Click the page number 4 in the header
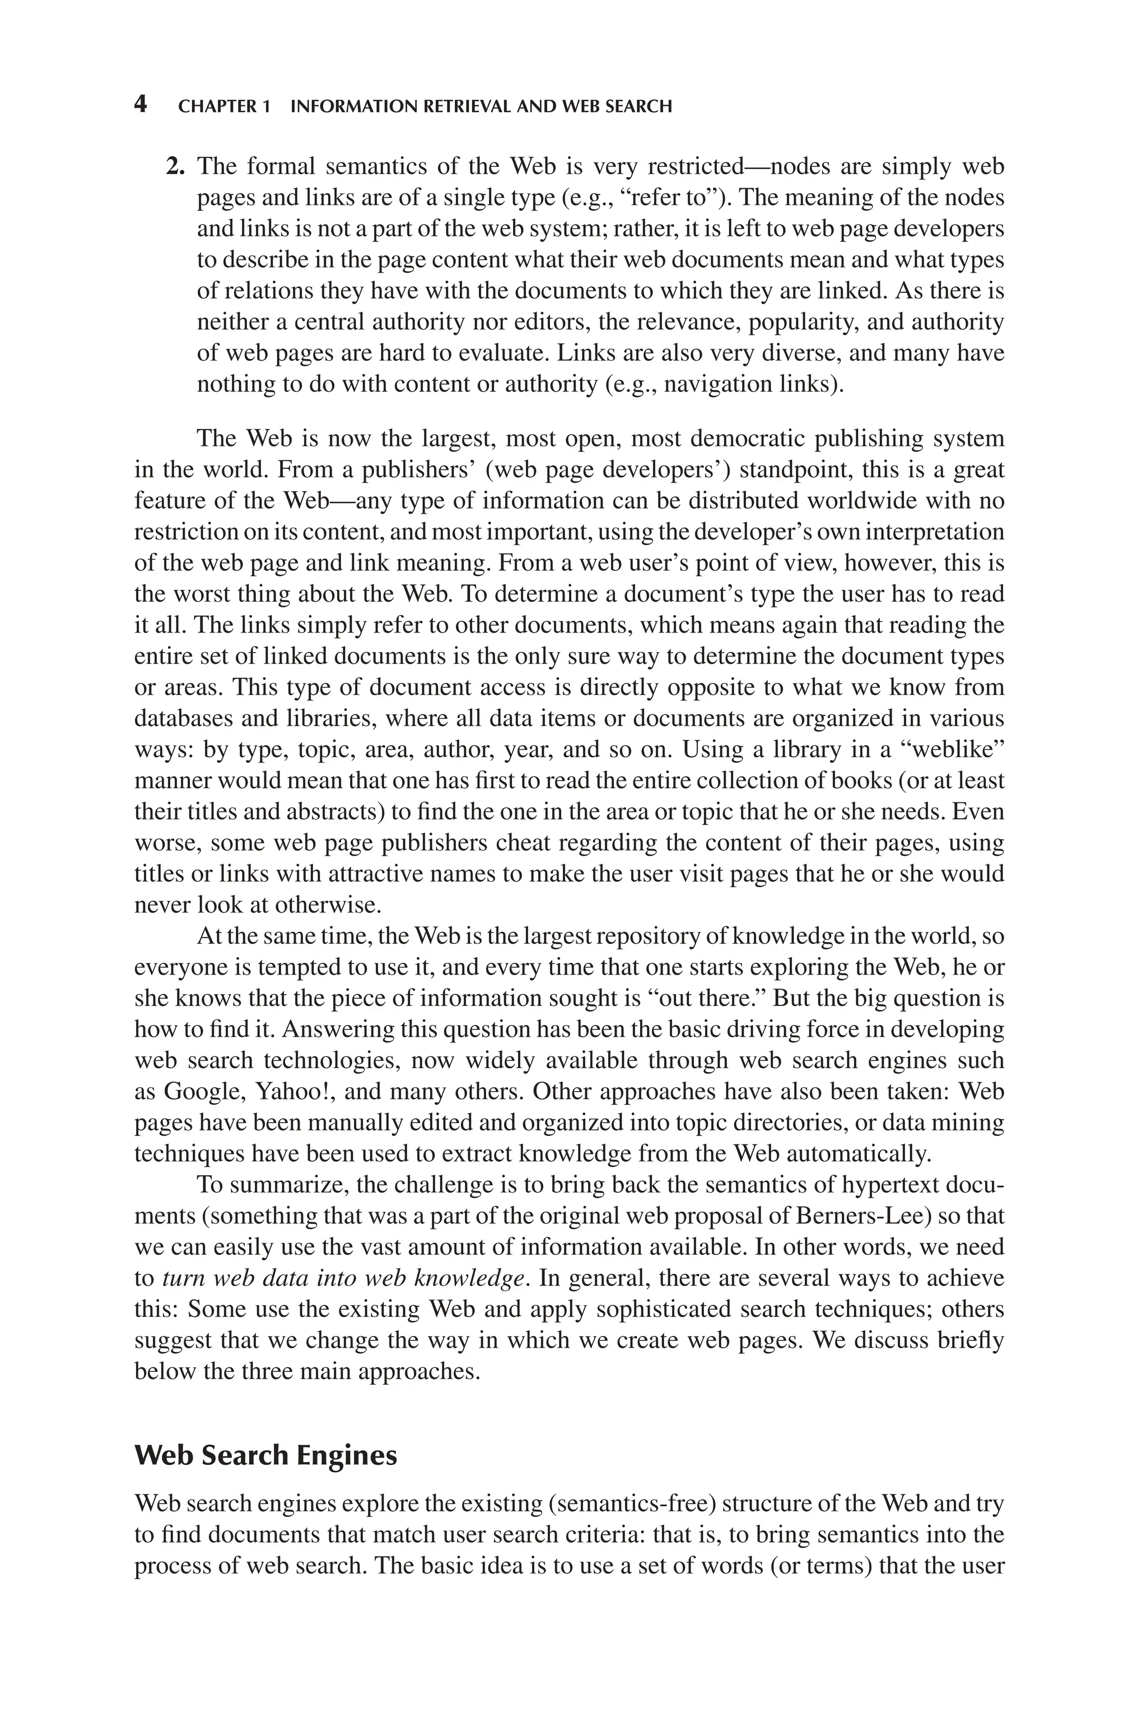(141, 105)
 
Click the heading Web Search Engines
(265, 1455)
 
